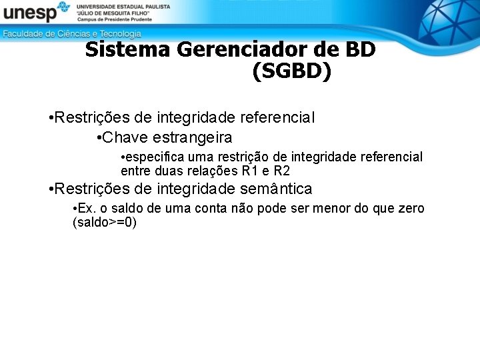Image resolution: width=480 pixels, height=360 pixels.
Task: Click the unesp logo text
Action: pyautogui.click(x=28, y=13)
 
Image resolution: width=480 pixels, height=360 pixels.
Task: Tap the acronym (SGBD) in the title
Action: pyautogui.click(x=291, y=72)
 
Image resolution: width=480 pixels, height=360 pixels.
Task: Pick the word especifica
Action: pyautogui.click(x=155, y=157)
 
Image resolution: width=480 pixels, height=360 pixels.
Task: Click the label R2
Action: pyautogui.click(x=282, y=171)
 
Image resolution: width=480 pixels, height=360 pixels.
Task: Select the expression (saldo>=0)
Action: pyautogui.click(x=104, y=222)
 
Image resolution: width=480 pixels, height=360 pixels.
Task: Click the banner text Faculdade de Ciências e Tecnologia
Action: pyautogui.click(x=72, y=33)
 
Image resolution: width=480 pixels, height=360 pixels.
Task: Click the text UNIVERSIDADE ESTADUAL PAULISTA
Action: pyautogui.click(x=123, y=6)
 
